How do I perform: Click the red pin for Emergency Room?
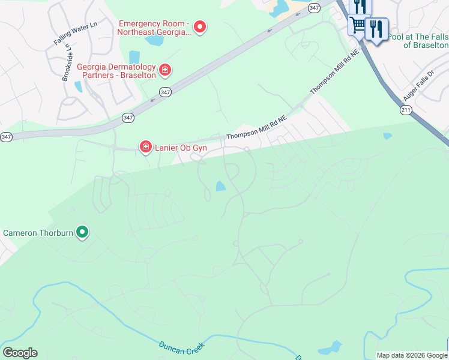point(200,27)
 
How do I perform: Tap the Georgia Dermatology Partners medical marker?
point(165,71)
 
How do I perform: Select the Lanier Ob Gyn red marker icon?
point(145,147)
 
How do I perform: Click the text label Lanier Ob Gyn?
point(181,147)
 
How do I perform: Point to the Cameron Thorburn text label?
point(38,233)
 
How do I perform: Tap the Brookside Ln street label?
point(67,62)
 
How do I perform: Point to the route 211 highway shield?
point(406,110)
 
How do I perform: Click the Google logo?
point(20,353)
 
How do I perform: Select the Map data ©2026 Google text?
point(412,355)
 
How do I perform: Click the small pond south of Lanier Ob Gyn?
point(220,186)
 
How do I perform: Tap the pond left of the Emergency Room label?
point(155,41)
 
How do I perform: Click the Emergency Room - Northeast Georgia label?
point(154,28)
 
